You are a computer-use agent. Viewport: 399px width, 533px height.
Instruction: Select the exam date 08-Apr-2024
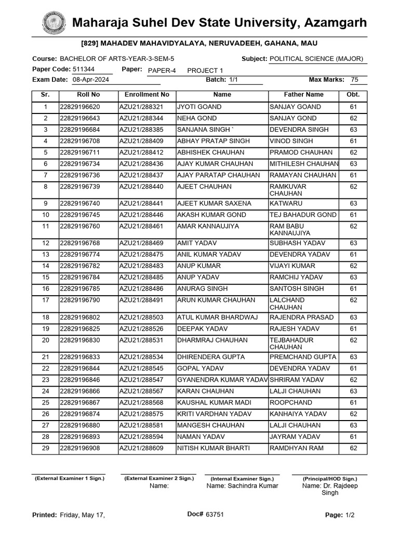pyautogui.click(x=90, y=80)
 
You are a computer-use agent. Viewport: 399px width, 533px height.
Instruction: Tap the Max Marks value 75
pyautogui.click(x=354, y=80)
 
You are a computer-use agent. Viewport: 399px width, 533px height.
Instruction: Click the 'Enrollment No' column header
pyautogui.click(x=147, y=95)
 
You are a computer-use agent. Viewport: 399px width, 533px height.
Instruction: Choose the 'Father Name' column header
pyautogui.click(x=303, y=95)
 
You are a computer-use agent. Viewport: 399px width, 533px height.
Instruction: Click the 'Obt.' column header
pyautogui.click(x=353, y=95)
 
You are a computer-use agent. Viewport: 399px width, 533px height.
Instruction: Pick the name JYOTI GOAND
pyautogui.click(x=199, y=107)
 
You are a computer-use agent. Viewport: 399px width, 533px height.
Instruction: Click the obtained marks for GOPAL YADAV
pyautogui.click(x=353, y=369)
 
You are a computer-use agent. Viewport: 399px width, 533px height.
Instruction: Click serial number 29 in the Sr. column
pyautogui.click(x=45, y=448)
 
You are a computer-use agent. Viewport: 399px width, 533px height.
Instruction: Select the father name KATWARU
pyautogui.click(x=285, y=204)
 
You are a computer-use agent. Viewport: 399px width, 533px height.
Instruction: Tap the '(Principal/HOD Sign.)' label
pyautogui.click(x=330, y=478)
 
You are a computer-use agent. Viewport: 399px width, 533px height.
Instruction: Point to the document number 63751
pyautogui.click(x=215, y=514)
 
